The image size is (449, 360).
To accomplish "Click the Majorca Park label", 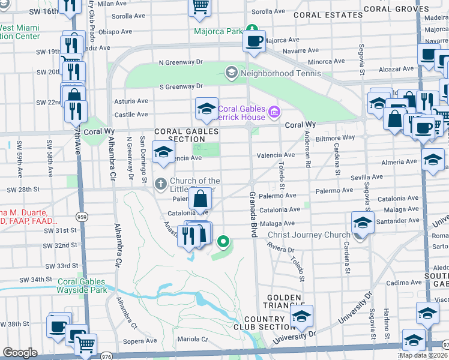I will (217, 31).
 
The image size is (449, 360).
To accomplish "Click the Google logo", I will (20, 353).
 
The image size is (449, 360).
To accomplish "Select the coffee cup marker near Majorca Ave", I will (253, 42).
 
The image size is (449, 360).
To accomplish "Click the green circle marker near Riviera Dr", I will (223, 242).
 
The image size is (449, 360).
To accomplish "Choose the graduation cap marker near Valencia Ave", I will (162, 152).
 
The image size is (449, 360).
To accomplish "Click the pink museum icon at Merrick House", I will (274, 112).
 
